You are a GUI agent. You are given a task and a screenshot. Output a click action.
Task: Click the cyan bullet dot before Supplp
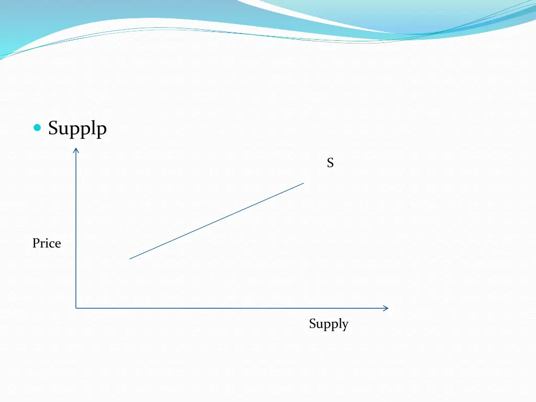[x=37, y=128]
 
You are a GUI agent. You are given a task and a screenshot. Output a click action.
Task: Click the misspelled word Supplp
[x=77, y=128]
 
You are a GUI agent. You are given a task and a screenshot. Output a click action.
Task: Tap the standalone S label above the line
[x=330, y=163]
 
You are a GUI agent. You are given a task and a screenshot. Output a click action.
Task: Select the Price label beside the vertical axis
[x=47, y=243]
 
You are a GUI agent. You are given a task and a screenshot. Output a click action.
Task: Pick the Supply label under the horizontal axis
[x=328, y=324]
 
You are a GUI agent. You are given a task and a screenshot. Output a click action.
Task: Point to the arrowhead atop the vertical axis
[x=76, y=151]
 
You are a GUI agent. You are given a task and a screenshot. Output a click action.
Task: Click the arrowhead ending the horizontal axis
[x=386, y=308]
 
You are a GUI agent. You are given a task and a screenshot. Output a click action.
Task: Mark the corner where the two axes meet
[x=76, y=308]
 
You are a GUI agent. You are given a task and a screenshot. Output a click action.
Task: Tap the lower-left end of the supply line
[x=130, y=259]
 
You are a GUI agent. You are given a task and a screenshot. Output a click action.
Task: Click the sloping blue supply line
[x=217, y=221]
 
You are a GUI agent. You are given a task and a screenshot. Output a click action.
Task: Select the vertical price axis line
[x=76, y=230]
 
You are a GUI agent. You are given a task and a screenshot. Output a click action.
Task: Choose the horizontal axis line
[x=230, y=308]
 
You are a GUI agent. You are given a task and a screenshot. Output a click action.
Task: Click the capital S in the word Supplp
[x=52, y=127]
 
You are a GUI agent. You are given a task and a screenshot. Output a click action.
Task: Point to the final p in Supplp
[x=102, y=129]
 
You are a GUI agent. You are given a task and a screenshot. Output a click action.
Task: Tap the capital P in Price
[x=36, y=243]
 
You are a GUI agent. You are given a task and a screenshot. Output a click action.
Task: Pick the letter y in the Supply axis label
[x=344, y=326]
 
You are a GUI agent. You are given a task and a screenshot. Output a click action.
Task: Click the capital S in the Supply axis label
[x=312, y=324]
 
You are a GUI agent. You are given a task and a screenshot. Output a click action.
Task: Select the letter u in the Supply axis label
[x=319, y=325]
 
